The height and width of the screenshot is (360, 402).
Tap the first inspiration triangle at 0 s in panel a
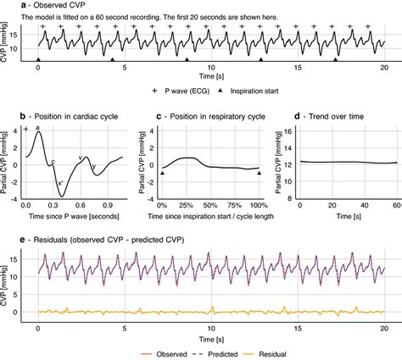click(x=38, y=60)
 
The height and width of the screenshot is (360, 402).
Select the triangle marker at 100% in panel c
click(x=260, y=173)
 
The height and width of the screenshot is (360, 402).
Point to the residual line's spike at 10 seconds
click(x=211, y=307)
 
